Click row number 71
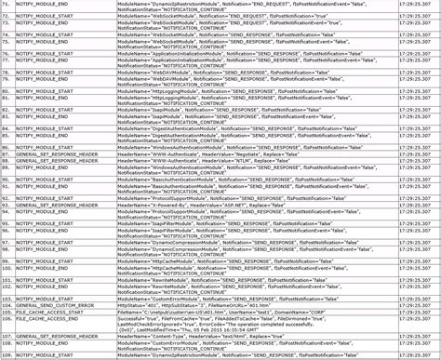pos(7,4)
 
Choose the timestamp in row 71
pos(415,4)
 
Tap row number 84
pos(7,128)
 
